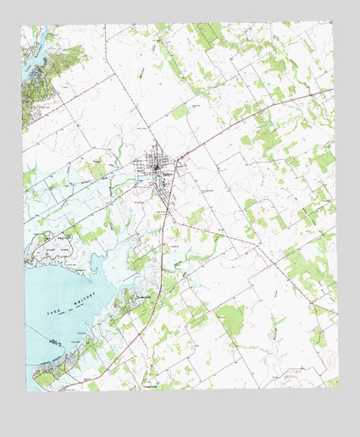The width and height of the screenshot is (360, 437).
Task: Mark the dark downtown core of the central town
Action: click(x=158, y=170)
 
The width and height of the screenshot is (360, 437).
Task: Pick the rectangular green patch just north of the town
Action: click(x=180, y=111)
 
